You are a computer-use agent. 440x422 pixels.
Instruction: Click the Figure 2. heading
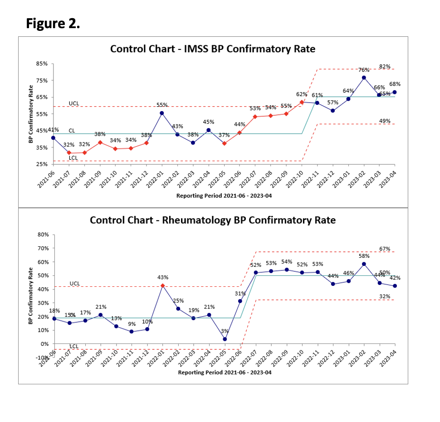pyautogui.click(x=53, y=23)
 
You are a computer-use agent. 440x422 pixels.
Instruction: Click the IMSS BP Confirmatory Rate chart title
pyautogui.click(x=213, y=49)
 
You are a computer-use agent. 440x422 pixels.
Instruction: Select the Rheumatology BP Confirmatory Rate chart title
pyautogui.click(x=213, y=220)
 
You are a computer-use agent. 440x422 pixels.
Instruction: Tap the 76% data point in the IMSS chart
pyautogui.click(x=364, y=78)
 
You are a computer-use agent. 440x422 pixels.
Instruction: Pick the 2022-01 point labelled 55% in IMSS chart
pyautogui.click(x=162, y=113)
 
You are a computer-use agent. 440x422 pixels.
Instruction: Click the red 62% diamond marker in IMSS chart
pyautogui.click(x=302, y=102)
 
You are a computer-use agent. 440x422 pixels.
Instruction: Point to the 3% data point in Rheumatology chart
pyautogui.click(x=225, y=339)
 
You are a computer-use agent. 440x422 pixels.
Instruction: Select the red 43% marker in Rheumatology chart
pyautogui.click(x=162, y=285)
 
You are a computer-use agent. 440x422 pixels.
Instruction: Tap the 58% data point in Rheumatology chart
pyautogui.click(x=364, y=264)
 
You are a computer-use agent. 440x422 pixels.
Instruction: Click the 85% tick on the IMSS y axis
pyautogui.click(x=42, y=64)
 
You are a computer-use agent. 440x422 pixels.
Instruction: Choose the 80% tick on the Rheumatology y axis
pyautogui.click(x=43, y=235)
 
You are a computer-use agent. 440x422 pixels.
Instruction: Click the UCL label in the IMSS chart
pyautogui.click(x=74, y=103)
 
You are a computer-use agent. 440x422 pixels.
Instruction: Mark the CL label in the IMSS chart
pyautogui.click(x=72, y=131)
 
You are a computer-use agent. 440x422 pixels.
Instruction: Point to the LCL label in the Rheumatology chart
pyautogui.click(x=74, y=347)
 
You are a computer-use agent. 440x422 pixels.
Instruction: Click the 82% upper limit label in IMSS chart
pyautogui.click(x=385, y=66)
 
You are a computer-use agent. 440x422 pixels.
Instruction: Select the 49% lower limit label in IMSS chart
pyautogui.click(x=385, y=120)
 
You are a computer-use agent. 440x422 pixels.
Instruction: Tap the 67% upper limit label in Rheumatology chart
pyautogui.click(x=385, y=249)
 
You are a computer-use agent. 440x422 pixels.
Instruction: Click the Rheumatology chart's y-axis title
pyautogui.click(x=31, y=295)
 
